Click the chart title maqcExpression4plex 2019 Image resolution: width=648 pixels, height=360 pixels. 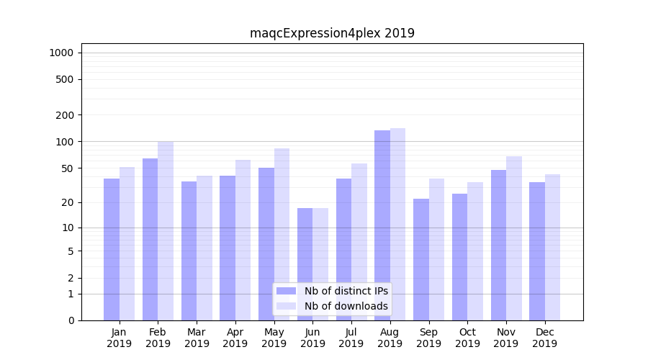coord(332,33)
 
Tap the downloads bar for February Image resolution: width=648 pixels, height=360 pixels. coord(166,230)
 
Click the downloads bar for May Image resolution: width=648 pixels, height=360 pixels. coord(282,234)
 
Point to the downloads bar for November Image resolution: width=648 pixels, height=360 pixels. coord(514,238)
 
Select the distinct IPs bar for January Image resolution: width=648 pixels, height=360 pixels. coord(112,249)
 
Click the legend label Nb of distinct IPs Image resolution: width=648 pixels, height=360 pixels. coord(346,291)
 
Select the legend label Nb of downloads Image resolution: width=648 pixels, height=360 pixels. coord(346,306)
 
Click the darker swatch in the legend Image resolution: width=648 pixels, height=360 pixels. coord(286,291)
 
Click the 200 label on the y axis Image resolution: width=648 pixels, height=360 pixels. coord(66,115)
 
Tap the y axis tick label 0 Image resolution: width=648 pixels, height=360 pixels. coord(71,320)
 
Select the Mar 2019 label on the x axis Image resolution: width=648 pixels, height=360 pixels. coord(197,338)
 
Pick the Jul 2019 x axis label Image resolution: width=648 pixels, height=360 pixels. coord(351,338)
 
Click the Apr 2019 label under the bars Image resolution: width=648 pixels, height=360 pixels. coord(235,338)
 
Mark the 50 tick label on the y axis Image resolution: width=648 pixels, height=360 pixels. coord(68,168)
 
